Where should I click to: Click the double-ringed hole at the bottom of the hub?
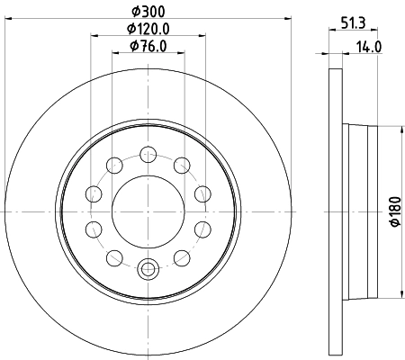coord(148,266)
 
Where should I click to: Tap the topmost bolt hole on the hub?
coord(148,153)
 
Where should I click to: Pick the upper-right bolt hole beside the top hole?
coord(182,164)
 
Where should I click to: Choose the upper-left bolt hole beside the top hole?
coord(115,164)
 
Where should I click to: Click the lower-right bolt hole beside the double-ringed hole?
coord(182,257)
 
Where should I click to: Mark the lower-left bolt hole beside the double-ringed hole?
coord(115,257)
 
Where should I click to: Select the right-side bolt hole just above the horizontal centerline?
coord(202,193)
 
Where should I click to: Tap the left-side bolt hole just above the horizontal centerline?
coord(94,193)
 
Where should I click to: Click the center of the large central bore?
coord(148,210)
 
